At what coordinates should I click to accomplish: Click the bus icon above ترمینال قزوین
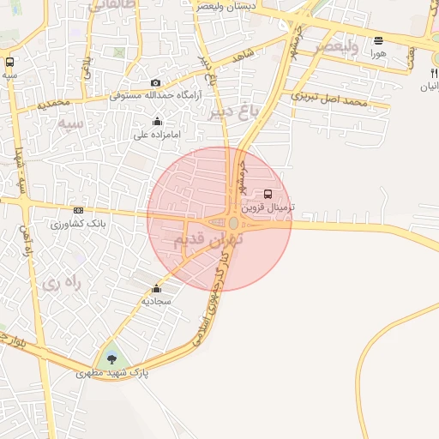pyautogui.click(x=268, y=194)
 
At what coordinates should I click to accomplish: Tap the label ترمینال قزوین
pyautogui.click(x=268, y=207)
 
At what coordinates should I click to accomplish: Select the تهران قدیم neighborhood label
pyautogui.click(x=208, y=240)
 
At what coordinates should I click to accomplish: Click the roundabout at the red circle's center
pyautogui.click(x=233, y=223)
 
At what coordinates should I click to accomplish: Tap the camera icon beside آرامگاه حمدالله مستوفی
pyautogui.click(x=155, y=83)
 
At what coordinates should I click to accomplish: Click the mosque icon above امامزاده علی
pyautogui.click(x=157, y=122)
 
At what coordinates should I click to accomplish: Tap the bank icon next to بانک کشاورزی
pyautogui.click(x=79, y=211)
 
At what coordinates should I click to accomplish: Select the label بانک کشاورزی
pyautogui.click(x=77, y=224)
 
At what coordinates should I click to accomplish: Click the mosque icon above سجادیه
pyautogui.click(x=156, y=289)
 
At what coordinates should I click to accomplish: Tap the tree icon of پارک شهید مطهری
pyautogui.click(x=111, y=359)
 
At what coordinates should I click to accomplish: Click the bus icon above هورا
pyautogui.click(x=379, y=39)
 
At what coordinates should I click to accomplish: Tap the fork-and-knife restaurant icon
pyautogui.click(x=431, y=73)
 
